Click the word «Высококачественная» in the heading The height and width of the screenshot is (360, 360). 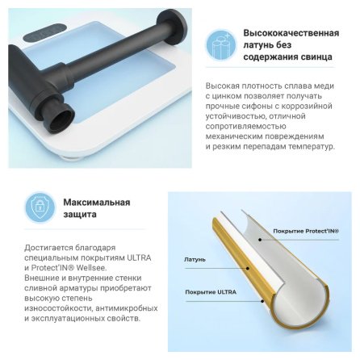coord(291,33)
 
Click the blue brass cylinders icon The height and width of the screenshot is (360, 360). coord(221,45)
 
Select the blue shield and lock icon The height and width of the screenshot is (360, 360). coord(40,207)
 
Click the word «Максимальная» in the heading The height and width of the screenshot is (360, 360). coord(97,203)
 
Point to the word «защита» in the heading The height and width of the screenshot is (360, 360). coord(80,215)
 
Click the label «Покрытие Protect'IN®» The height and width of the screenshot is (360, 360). coord(306,231)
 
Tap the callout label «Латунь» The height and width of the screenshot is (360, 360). coord(195,260)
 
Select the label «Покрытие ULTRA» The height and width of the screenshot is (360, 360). coord(211,292)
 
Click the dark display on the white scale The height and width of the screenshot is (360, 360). coord(45,32)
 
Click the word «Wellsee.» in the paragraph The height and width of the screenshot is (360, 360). coord(92,268)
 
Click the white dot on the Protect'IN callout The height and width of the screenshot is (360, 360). coord(260,239)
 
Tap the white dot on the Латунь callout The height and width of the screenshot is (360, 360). coord(248,268)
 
